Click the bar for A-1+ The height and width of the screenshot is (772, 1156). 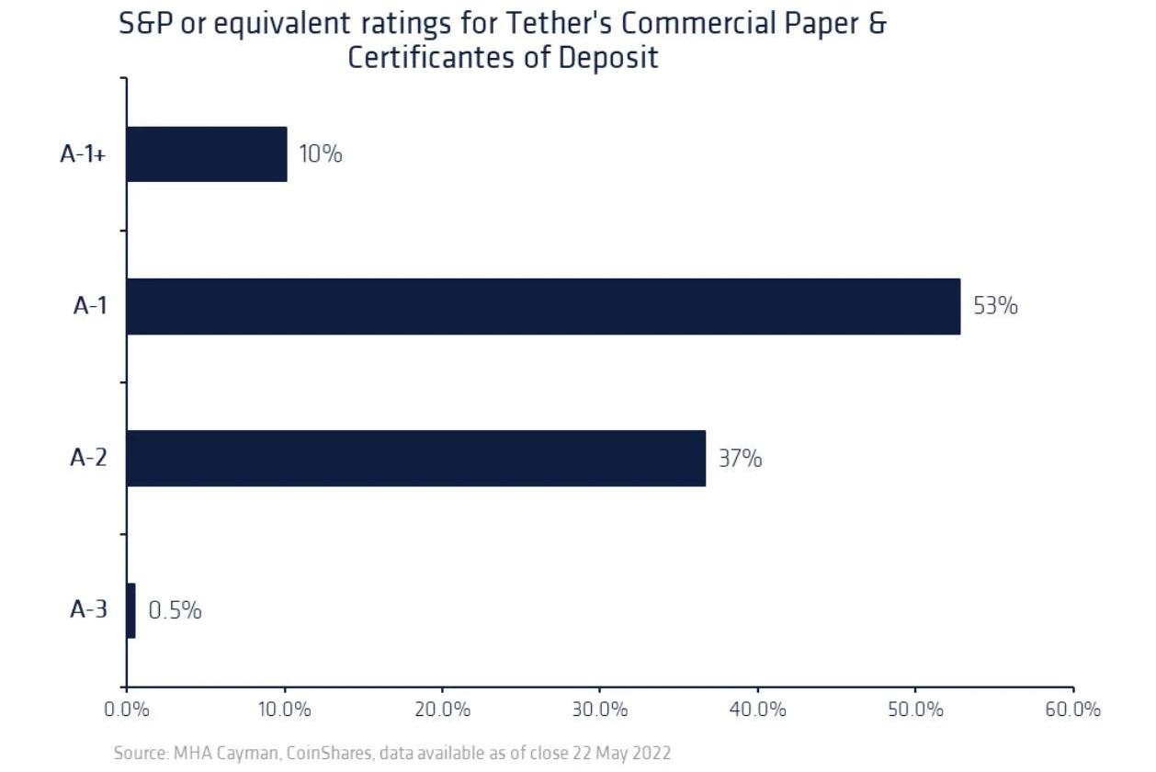point(207,154)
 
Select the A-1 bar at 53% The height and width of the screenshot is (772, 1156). point(543,306)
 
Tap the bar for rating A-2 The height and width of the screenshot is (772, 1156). point(415,458)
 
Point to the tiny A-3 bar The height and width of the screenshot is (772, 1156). point(131,610)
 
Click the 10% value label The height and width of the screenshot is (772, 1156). point(321,154)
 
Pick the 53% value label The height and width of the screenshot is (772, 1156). point(995,306)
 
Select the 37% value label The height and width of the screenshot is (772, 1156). point(740,458)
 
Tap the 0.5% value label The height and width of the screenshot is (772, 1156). point(175,610)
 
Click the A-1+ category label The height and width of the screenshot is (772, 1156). point(84,154)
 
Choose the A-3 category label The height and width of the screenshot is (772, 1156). point(89,609)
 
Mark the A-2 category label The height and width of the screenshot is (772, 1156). point(89,458)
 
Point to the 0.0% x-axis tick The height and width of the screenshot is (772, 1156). point(127,710)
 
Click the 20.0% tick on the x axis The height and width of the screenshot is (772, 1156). point(442,710)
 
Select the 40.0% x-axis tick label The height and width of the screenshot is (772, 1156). point(757,710)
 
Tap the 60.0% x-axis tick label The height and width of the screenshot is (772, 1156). point(1072,710)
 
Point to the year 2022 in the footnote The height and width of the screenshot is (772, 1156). point(651,754)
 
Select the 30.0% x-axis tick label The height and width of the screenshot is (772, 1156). point(599,710)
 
